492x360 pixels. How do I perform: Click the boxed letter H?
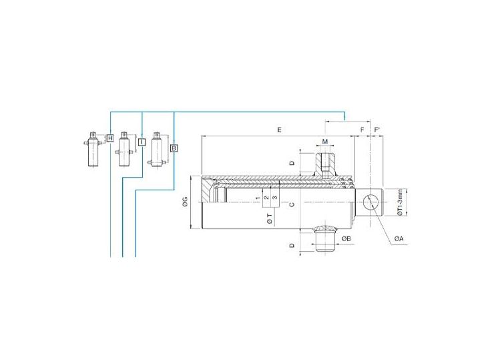coord(110,138)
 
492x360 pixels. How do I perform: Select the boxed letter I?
coord(142,142)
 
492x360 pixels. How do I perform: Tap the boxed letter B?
coord(174,148)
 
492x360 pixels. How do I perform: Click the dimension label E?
coord(279,130)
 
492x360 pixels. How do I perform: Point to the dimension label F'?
coord(377,130)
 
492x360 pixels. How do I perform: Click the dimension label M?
coord(325,142)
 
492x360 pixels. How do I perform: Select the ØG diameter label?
coord(185,202)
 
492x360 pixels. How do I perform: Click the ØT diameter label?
coord(270,220)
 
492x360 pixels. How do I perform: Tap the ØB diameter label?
coord(346,239)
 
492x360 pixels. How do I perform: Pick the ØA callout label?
coord(399,239)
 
